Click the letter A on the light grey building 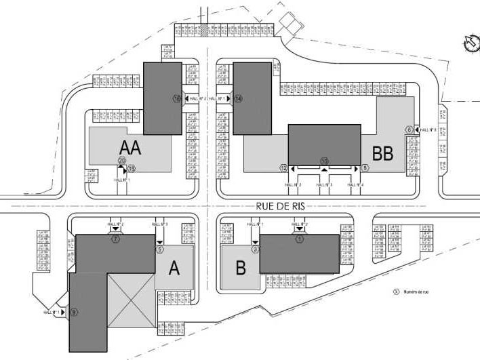pyautogui.click(x=174, y=268)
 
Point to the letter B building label pyautogui.click(x=239, y=267)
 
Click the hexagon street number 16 pyautogui.click(x=178, y=98)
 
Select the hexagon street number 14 pyautogui.click(x=239, y=98)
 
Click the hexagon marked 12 pyautogui.click(x=284, y=167)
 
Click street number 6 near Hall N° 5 pyautogui.click(x=409, y=129)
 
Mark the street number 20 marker pyautogui.click(x=123, y=161)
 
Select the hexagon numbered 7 pyautogui.click(x=116, y=240)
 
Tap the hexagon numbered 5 pyautogui.click(x=160, y=249)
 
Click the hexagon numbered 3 pyautogui.click(x=256, y=249)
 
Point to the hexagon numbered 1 pyautogui.click(x=300, y=239)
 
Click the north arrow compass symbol pyautogui.click(x=468, y=43)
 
